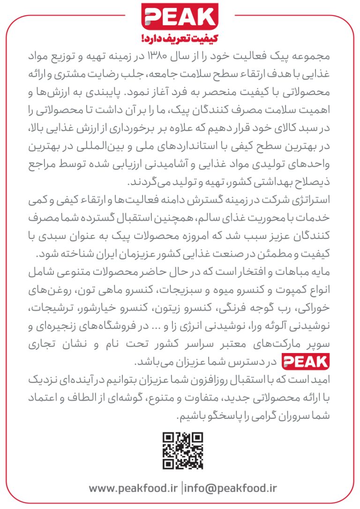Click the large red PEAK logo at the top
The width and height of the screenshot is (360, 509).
pyautogui.click(x=180, y=17)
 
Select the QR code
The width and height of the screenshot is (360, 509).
pyautogui.click(x=183, y=450)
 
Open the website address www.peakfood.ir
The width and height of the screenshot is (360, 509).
pyautogui.click(x=133, y=488)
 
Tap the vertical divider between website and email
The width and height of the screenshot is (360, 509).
pyautogui.click(x=181, y=488)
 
